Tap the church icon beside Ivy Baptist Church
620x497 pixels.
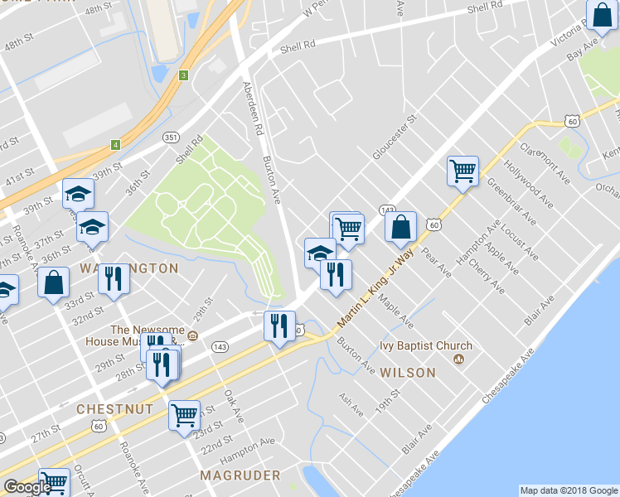458,360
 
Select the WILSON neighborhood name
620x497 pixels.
408,373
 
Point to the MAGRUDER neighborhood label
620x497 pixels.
240,475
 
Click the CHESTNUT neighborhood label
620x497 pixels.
114,409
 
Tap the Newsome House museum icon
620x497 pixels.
192,335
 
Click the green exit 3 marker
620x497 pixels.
183,75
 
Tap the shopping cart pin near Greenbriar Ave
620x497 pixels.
463,171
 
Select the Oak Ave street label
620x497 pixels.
233,406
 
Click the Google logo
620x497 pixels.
27,487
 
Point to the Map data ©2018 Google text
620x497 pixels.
569,490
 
